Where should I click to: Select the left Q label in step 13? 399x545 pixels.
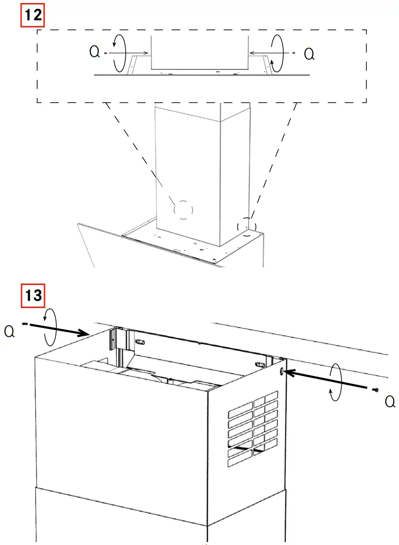point(9,332)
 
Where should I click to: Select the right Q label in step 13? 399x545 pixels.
point(390,402)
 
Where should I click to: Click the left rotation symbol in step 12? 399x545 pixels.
point(119,52)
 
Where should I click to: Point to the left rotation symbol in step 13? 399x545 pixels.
point(51,327)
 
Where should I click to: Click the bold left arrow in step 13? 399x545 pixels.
point(59,330)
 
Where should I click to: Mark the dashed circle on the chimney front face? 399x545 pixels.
point(183,210)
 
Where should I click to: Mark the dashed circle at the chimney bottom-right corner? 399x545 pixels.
point(247,226)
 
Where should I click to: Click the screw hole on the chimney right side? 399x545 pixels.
point(281,372)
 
